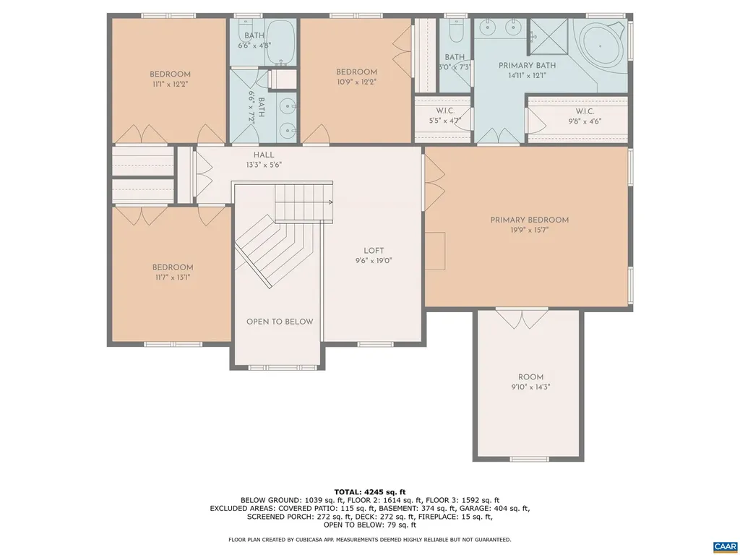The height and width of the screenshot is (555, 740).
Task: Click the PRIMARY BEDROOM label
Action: (x=529, y=220)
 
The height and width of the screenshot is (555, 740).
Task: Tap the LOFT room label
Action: (x=374, y=251)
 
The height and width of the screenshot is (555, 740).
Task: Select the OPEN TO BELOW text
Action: (x=280, y=322)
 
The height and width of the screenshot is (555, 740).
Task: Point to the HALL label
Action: (x=263, y=155)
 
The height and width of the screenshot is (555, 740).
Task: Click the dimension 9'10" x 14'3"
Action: (x=530, y=387)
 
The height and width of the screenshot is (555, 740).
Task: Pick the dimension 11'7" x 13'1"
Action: (x=172, y=277)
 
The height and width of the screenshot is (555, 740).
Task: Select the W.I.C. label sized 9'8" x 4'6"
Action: (x=585, y=111)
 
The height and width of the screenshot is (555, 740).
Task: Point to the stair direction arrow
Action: (x=329, y=203)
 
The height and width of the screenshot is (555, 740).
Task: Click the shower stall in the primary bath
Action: (x=550, y=35)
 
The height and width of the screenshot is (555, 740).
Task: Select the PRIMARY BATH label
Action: (x=516, y=65)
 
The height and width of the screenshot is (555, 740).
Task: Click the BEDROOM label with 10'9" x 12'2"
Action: (x=356, y=72)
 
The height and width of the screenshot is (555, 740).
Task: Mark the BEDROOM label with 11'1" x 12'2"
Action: (x=170, y=74)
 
